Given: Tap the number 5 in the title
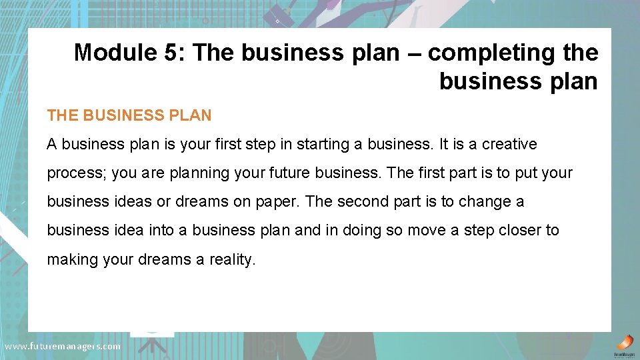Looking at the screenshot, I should coord(170,53).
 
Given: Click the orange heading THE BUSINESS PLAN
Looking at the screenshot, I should coord(129,115).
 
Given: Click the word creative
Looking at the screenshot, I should coord(509,144).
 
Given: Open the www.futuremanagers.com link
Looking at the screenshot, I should coord(63,346).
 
